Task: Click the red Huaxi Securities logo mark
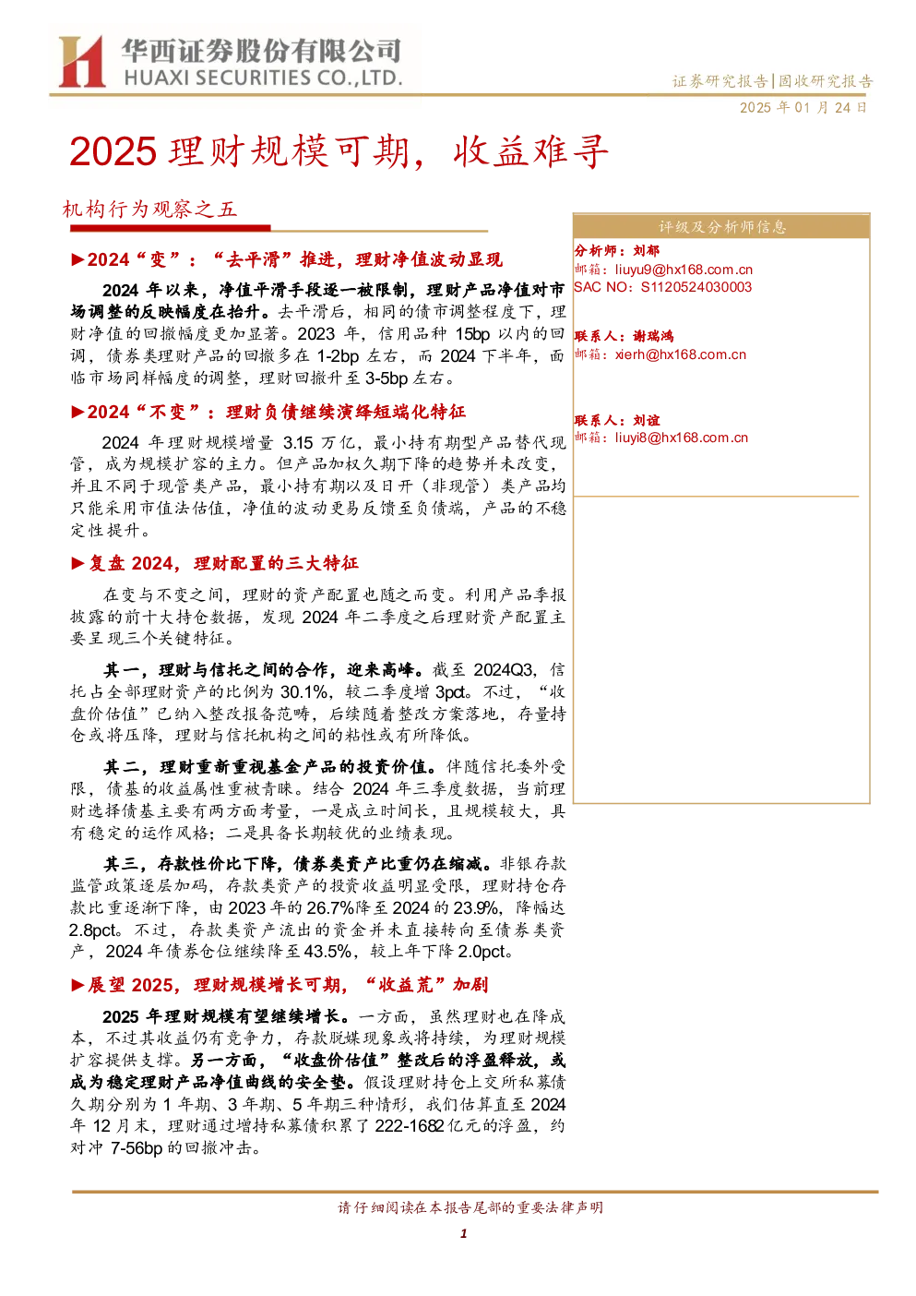pyautogui.click(x=81, y=61)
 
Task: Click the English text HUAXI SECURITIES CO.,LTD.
pyautogui.click(x=263, y=78)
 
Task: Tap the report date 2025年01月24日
pyautogui.click(x=803, y=108)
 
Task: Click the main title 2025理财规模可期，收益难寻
pyautogui.click(x=339, y=151)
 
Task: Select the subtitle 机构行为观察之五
pyautogui.click(x=149, y=209)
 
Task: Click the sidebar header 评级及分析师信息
pyautogui.click(x=722, y=227)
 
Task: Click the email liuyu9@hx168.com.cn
pyautogui.click(x=684, y=270)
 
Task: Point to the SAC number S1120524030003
pyautogui.click(x=696, y=288)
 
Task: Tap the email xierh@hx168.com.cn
pyautogui.click(x=681, y=354)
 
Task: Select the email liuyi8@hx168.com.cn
pyautogui.click(x=681, y=438)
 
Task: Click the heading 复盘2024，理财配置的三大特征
pyautogui.click(x=223, y=563)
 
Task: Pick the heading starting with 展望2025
pyautogui.click(x=288, y=985)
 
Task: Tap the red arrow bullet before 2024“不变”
pyautogui.click(x=78, y=412)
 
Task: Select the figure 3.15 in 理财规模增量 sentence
pyautogui.click(x=298, y=443)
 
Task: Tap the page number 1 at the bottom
pyautogui.click(x=463, y=1234)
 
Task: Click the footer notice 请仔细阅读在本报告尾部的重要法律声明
pyautogui.click(x=470, y=1207)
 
